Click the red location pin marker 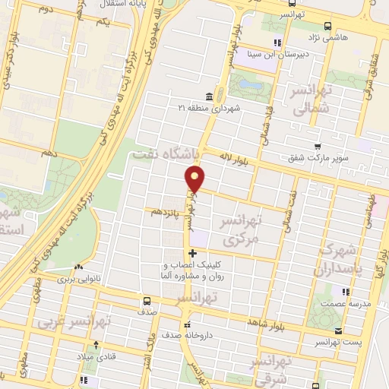pyautogui.click(x=195, y=179)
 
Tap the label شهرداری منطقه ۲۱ pyautogui.click(x=210, y=108)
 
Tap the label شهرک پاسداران pyautogui.click(x=340, y=258)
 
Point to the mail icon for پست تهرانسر pyautogui.click(x=338, y=330)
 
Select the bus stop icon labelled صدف pyautogui.click(x=145, y=301)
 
